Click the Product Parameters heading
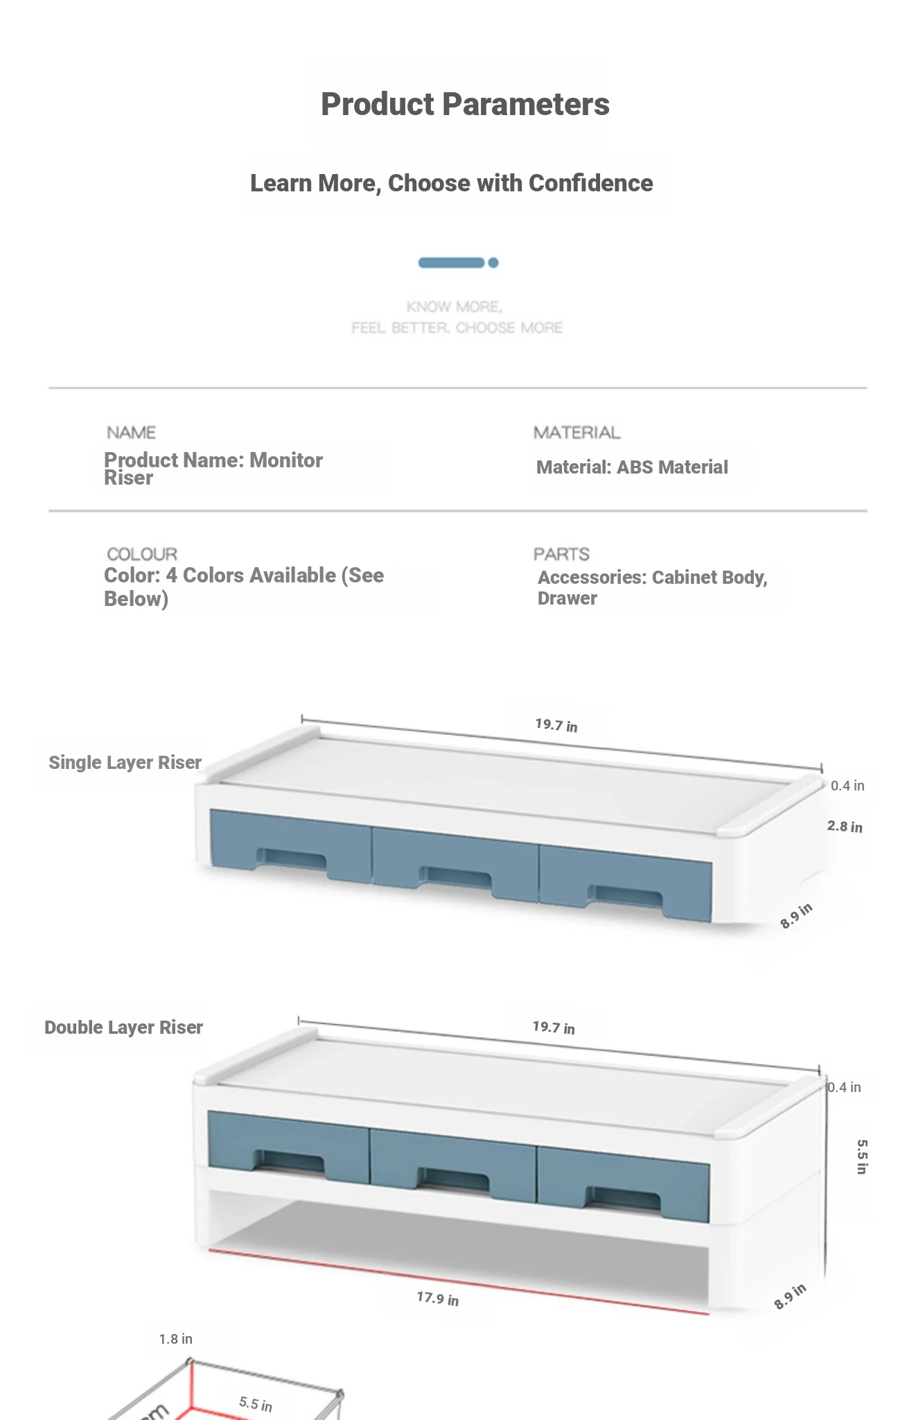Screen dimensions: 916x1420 click(x=465, y=105)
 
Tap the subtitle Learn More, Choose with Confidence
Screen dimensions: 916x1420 click(x=452, y=183)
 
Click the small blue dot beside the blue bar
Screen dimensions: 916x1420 click(x=493, y=263)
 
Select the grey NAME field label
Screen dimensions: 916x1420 click(x=131, y=433)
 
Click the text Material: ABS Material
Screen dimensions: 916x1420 click(x=632, y=467)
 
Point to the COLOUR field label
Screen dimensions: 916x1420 click(x=142, y=554)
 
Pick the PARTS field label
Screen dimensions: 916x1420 click(x=561, y=554)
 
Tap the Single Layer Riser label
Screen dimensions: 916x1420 click(x=125, y=763)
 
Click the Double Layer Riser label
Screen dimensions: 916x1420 click(x=123, y=1028)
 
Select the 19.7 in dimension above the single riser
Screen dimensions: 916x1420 click(x=556, y=725)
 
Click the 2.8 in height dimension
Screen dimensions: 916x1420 click(x=845, y=826)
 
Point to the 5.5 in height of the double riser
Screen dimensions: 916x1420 click(x=862, y=1157)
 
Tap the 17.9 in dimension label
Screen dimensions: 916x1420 click(x=438, y=1299)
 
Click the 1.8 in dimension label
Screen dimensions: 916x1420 click(x=175, y=1339)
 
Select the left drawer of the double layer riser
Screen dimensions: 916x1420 click(x=289, y=1147)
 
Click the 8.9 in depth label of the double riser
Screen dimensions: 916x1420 click(x=790, y=1297)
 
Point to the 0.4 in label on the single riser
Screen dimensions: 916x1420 click(x=847, y=786)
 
